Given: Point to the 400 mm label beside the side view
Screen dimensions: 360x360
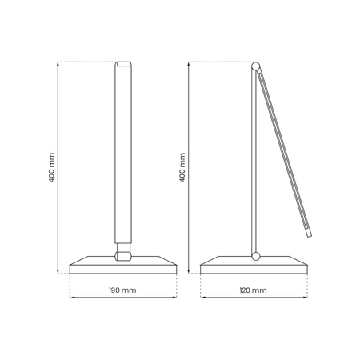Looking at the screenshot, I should [182, 167].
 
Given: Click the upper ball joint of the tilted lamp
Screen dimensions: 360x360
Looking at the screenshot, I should [257, 66].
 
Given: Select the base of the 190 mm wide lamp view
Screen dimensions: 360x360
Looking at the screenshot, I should [123, 266].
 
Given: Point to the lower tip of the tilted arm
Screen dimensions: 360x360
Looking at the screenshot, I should [308, 234].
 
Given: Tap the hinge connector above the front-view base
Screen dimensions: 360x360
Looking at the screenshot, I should [123, 255].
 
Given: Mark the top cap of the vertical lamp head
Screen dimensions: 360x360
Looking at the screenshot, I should [123, 64].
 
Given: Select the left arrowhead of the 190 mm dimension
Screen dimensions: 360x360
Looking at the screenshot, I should [73, 298].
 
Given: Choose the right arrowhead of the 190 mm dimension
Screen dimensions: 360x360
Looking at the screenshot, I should [174, 298].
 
